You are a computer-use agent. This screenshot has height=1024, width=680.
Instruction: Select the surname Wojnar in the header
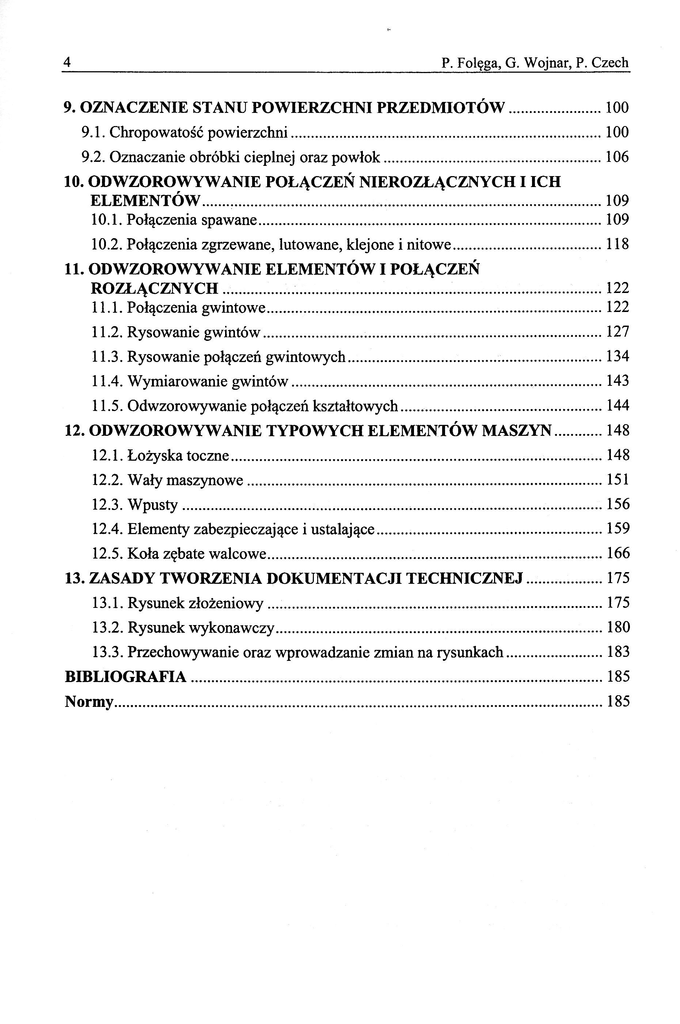click(547, 63)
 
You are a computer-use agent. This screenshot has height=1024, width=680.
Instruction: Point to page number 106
click(617, 157)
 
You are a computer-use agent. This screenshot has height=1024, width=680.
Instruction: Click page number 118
click(617, 244)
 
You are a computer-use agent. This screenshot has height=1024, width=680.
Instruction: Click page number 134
click(617, 356)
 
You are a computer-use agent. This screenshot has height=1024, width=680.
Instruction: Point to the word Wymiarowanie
click(177, 381)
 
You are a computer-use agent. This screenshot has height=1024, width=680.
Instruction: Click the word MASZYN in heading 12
click(517, 430)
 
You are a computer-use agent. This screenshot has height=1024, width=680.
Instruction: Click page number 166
click(617, 553)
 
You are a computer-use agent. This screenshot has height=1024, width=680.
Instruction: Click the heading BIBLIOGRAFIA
click(126, 677)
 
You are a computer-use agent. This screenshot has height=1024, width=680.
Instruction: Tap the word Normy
click(89, 702)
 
